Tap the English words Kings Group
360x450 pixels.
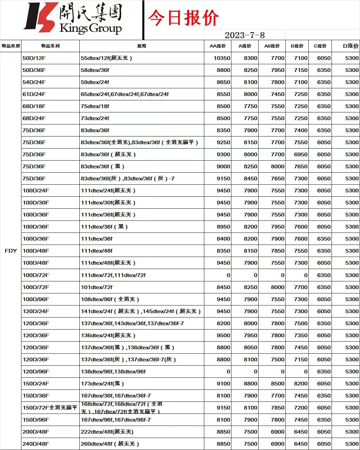tap(90, 28)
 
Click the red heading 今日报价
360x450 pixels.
tap(183, 18)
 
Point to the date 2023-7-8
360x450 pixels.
tap(244, 35)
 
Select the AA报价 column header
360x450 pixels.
tap(218, 46)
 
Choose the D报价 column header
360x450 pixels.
tap(351, 46)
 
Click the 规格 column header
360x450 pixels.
tap(142, 46)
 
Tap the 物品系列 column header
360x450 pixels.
tap(50, 46)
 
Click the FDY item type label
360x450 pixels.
tap(11, 251)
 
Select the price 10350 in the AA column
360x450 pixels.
tap(222, 58)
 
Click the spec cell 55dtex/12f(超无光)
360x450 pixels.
tap(106, 58)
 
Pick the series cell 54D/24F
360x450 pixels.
tap(34, 82)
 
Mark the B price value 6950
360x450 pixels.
tap(300, 154)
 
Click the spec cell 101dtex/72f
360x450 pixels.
tap(96, 287)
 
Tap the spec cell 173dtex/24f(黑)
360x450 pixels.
tap(102, 383)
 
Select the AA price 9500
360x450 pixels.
tap(223, 335)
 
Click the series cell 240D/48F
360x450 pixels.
tap(35, 444)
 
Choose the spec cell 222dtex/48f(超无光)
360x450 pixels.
tap(107, 432)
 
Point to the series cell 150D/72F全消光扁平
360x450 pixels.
tap(50, 408)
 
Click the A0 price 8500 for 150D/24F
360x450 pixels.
tap(277, 383)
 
